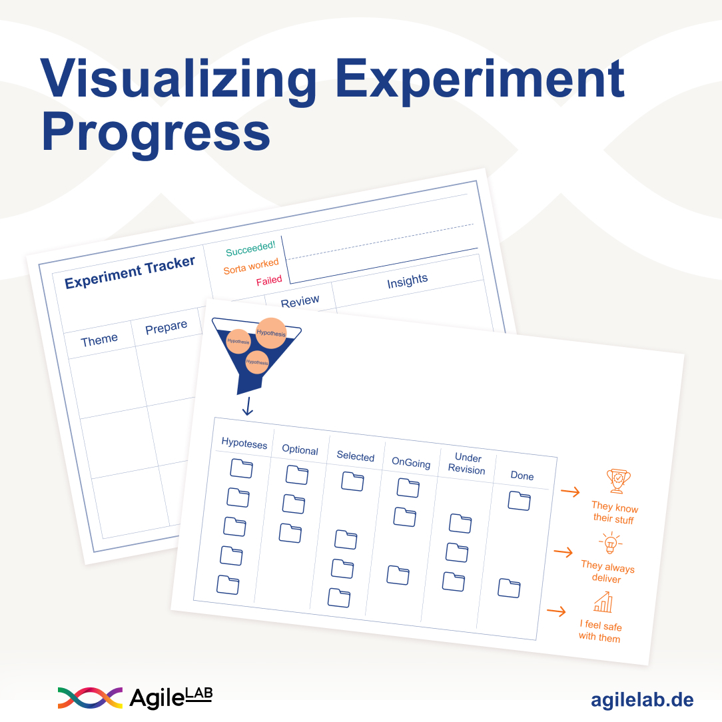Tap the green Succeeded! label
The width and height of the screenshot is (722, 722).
click(x=250, y=249)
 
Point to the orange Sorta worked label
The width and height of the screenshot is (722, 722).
click(x=251, y=266)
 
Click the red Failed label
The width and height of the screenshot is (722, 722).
click(x=269, y=280)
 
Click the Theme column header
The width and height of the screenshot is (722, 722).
click(x=99, y=340)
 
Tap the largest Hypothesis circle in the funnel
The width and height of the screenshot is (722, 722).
click(x=271, y=333)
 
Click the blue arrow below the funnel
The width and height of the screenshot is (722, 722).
click(x=247, y=406)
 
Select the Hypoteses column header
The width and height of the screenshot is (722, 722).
click(x=244, y=444)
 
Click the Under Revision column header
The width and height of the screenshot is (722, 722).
click(x=467, y=464)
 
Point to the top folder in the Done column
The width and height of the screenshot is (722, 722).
click(x=519, y=500)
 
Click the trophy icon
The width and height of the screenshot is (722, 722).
click(x=618, y=480)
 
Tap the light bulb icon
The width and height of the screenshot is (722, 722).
click(x=609, y=543)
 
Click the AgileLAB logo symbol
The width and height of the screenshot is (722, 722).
click(x=90, y=697)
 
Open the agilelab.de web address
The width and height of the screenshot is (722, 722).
click(x=641, y=700)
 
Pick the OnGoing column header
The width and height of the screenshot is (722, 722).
click(x=411, y=463)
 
